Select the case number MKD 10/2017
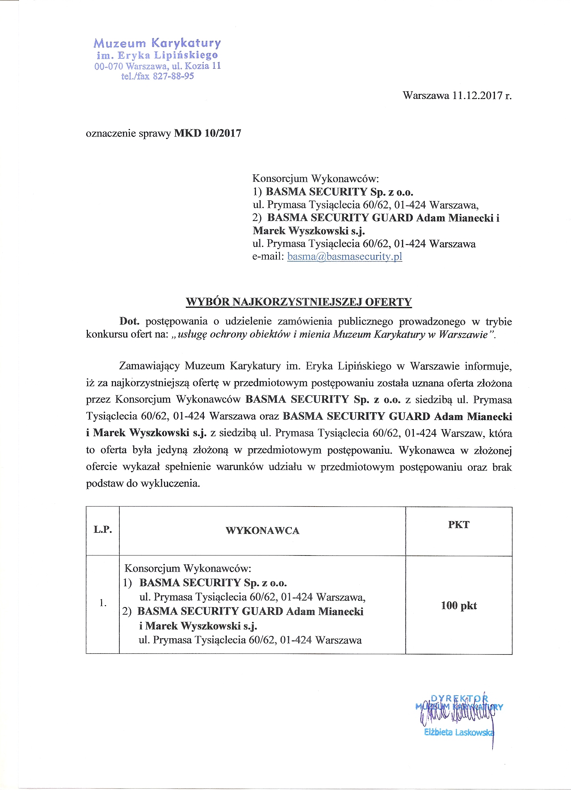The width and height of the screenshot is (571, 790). (x=208, y=133)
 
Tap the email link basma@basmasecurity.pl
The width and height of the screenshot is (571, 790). (x=344, y=256)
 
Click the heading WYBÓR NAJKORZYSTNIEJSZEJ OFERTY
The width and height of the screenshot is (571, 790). (x=299, y=302)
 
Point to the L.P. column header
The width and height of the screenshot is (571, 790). (x=103, y=530)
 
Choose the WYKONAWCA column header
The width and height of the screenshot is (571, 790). (x=262, y=530)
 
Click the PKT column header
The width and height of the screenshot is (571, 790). (x=459, y=524)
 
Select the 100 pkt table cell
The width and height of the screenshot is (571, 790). (x=459, y=606)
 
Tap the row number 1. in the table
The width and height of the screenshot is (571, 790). (x=103, y=603)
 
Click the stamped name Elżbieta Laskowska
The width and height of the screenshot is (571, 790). (x=459, y=732)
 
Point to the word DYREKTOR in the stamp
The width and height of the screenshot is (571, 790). (x=459, y=698)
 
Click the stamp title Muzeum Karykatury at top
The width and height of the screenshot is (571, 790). (x=157, y=43)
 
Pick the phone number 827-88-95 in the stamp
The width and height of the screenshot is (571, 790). (x=173, y=76)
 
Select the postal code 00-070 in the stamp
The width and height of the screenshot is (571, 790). (x=109, y=66)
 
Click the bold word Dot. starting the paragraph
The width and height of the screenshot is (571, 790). (x=129, y=321)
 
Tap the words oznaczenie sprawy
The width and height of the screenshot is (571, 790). (x=128, y=133)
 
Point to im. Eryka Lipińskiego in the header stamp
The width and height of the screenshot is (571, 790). (x=157, y=55)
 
